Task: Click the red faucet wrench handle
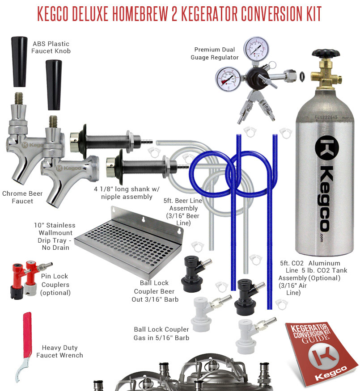click(27, 334)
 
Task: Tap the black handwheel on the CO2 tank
click(326, 53)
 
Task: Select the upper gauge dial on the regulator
click(256, 48)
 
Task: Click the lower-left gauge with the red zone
click(228, 79)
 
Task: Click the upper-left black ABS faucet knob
click(19, 62)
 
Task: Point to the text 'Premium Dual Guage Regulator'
click(215, 53)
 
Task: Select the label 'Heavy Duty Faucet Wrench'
click(59, 351)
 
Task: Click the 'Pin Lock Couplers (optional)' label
click(55, 284)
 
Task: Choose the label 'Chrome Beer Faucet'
click(22, 197)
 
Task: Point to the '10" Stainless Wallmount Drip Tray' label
click(55, 236)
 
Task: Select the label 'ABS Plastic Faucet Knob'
click(51, 47)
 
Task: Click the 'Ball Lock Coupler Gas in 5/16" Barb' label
click(161, 334)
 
